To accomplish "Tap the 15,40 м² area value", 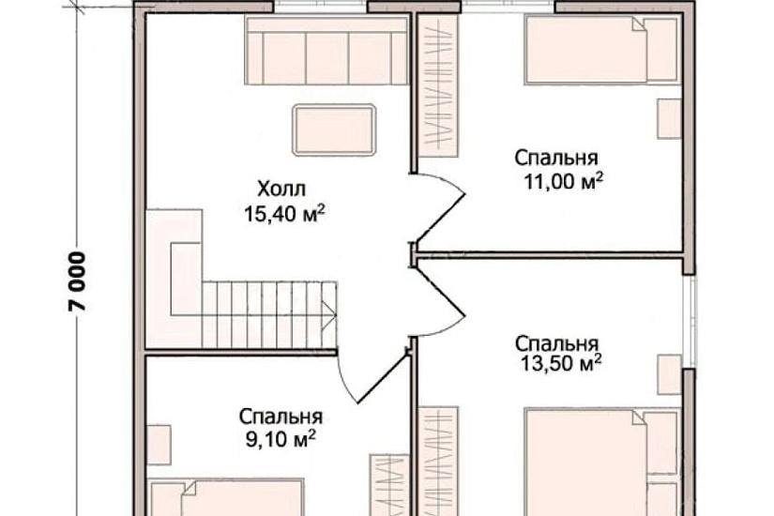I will coord(284,215).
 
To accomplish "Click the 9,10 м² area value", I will coord(281,437).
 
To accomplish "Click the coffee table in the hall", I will coord(335,129).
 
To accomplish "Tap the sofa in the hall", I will coord(326,53).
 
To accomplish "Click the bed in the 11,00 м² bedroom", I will coord(600,50).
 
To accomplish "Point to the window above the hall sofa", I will coord(319,8).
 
